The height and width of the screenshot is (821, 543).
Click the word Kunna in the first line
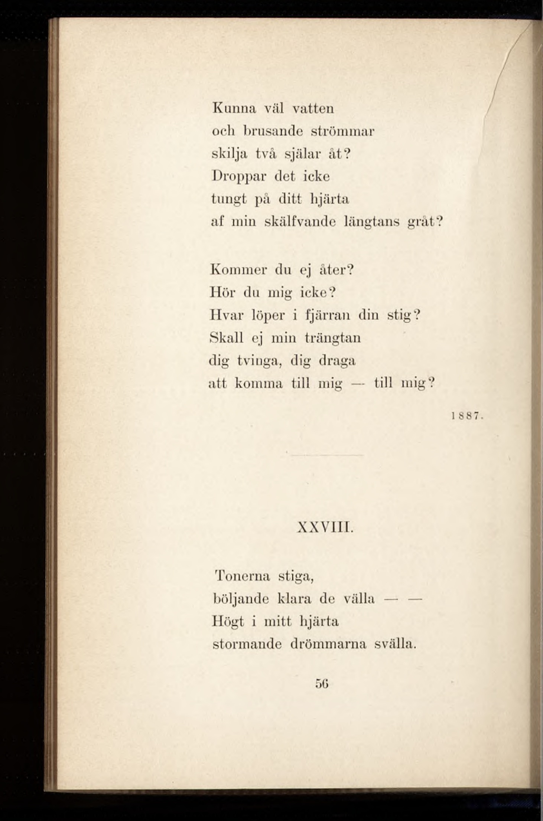click(234, 108)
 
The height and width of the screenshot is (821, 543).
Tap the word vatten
click(313, 108)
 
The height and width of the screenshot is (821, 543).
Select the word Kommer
click(238, 270)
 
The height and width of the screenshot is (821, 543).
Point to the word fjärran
click(327, 316)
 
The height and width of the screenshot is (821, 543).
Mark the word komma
click(259, 383)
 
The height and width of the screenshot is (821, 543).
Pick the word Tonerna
click(243, 576)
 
